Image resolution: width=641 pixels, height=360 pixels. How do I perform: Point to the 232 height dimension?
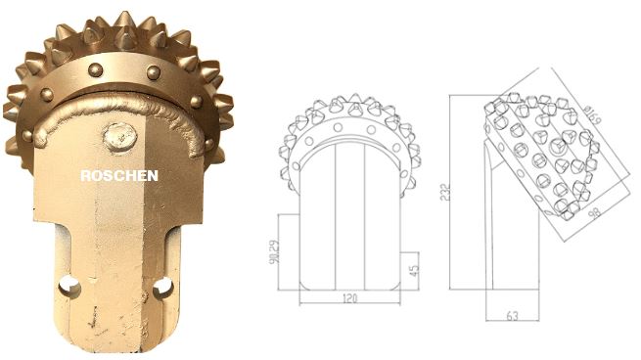pyautogui.click(x=441, y=194)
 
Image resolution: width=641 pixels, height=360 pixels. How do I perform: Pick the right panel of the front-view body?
pyautogui.click(x=385, y=220)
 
